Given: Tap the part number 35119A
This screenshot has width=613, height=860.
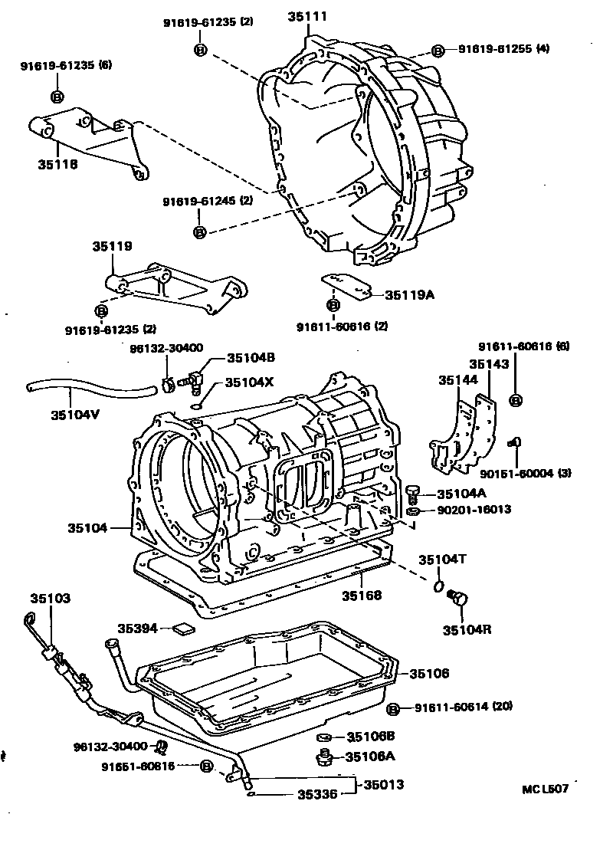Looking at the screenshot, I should [x=409, y=294].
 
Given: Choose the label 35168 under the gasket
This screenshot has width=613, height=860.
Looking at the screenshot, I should [x=361, y=594].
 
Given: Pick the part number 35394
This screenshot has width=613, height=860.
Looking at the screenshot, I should [x=138, y=629].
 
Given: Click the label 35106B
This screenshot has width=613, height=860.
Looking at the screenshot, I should [x=371, y=737].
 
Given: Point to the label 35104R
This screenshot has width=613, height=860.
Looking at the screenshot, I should [x=467, y=630].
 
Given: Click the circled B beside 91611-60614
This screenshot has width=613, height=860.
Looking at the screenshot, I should [x=393, y=709].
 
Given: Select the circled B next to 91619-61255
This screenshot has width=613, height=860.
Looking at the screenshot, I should [x=438, y=51].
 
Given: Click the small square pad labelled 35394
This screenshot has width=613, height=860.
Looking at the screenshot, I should [x=184, y=629].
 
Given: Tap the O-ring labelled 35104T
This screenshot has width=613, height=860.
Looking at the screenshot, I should [x=438, y=586].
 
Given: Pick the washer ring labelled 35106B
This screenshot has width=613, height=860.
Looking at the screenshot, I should [x=324, y=737].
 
